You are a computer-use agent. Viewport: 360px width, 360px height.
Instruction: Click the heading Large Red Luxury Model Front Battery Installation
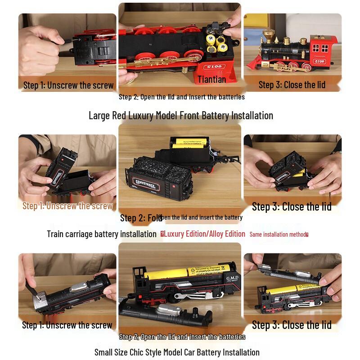coord(180,116)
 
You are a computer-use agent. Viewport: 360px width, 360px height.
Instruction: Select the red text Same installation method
coord(279,234)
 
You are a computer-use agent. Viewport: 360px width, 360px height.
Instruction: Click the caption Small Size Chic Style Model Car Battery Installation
coord(177,352)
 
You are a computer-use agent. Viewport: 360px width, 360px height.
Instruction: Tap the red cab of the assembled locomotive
coord(323,47)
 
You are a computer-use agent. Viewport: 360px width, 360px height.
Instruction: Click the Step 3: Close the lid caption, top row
coord(292,85)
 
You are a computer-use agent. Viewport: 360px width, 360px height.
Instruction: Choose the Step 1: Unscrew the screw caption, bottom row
coord(67,325)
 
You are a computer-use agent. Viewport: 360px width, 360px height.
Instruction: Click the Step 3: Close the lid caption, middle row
coord(292,207)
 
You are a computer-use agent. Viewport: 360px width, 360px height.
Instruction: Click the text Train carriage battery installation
coord(102,234)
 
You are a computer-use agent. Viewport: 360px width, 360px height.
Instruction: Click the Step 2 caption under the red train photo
coord(181,97)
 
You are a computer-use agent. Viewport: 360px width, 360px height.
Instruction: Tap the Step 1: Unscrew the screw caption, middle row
coord(67,206)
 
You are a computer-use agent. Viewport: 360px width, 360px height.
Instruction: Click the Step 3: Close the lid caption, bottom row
coord(292,325)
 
